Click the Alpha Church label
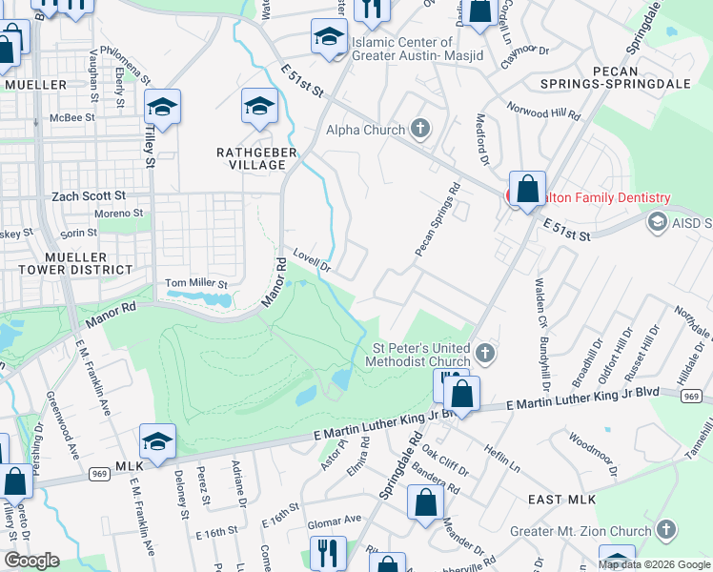tap(367, 130)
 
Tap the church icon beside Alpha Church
tap(419, 130)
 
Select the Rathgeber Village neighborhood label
tap(251, 157)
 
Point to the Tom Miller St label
tap(197, 283)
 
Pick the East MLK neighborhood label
tap(561, 500)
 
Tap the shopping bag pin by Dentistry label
tap(527, 188)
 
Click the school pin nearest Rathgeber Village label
tap(259, 107)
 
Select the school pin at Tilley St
tap(162, 108)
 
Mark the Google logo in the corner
tap(31, 561)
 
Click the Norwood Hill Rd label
tap(543, 110)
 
